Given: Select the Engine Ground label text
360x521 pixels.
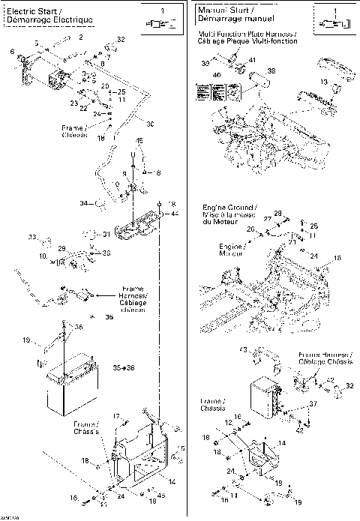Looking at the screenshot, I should (x=229, y=207).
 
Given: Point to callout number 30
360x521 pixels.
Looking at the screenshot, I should (x=149, y=124).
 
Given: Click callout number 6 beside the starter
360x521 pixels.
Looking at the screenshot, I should (x=13, y=51).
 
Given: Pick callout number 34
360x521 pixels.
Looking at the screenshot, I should (x=84, y=203).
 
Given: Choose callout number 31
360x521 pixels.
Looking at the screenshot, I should (x=106, y=235).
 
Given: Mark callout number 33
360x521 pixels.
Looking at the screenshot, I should (x=32, y=238).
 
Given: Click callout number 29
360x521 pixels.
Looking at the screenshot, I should (x=62, y=248).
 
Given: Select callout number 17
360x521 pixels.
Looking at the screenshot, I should (x=116, y=416).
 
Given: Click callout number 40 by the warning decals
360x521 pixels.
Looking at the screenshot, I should (x=218, y=76).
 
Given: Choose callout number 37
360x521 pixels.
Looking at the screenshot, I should (x=313, y=404).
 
